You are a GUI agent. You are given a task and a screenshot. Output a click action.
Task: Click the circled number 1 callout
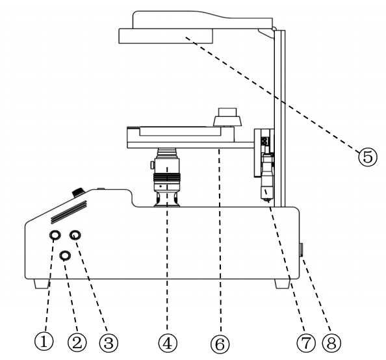pos(44,341)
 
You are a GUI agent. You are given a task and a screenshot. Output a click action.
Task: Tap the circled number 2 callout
pos(77,342)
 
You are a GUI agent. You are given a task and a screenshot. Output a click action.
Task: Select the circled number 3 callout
pos(109,342)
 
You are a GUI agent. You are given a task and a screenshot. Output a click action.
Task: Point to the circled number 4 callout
pos(168,342)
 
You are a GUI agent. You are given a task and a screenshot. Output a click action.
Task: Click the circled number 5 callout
pos(368,157)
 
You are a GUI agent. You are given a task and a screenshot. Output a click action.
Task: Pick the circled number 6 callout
pos(220,344)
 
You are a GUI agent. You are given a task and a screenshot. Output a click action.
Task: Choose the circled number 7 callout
pos(306,342)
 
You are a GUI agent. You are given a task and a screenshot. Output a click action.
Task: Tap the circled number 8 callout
pos(331,342)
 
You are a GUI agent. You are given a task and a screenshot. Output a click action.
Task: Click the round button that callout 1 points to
pos(55,235)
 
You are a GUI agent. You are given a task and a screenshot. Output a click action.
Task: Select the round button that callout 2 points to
pos(65,255)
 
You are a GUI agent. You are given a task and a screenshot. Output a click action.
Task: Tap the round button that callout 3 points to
pos(75,235)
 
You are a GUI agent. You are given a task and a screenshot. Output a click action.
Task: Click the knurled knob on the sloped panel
pos(78,192)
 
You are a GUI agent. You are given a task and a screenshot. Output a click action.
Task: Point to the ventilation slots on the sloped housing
pos(69,212)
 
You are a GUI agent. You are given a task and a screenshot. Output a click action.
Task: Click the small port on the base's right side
pos(302,250)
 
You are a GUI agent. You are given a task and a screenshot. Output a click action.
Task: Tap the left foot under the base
pos(42,284)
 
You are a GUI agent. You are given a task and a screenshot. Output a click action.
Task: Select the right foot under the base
pos(283,284)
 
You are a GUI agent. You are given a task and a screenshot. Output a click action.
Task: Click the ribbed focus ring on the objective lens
pos(167,177)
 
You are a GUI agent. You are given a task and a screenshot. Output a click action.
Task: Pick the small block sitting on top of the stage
pos(227,117)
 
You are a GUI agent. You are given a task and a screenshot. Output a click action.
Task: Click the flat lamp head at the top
pos(166,36)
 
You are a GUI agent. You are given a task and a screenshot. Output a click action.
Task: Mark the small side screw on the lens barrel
pos(152,165)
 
